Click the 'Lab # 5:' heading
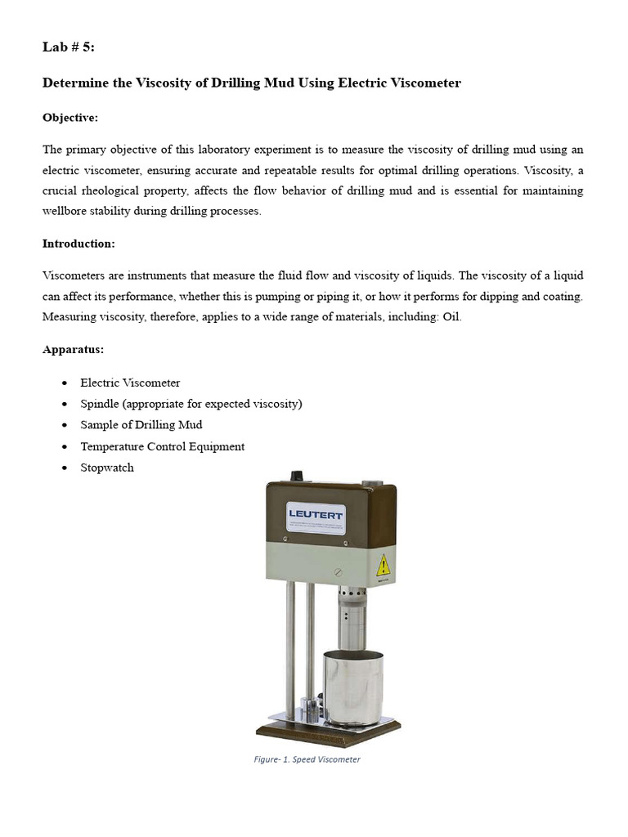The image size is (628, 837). pyautogui.click(x=69, y=47)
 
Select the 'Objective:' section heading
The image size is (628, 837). pyautogui.click(x=70, y=118)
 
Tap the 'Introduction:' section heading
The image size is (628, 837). pyautogui.click(x=78, y=244)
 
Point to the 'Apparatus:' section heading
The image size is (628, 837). pyautogui.click(x=73, y=350)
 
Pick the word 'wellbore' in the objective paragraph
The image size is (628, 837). pyautogui.click(x=67, y=211)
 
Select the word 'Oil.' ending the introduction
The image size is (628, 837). pyautogui.click(x=452, y=316)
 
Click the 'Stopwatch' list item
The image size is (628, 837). pyautogui.click(x=106, y=468)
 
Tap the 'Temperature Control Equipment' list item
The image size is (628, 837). pyautogui.click(x=162, y=446)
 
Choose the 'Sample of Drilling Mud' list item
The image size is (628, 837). pyautogui.click(x=141, y=425)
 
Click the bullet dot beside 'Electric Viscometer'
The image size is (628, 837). pyautogui.click(x=65, y=383)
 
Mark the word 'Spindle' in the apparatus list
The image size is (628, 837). pyautogui.click(x=100, y=404)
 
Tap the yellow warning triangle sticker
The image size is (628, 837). pyautogui.click(x=382, y=565)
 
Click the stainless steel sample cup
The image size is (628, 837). pyautogui.click(x=353, y=687)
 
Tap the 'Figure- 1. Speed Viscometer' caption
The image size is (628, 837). pyautogui.click(x=307, y=759)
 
